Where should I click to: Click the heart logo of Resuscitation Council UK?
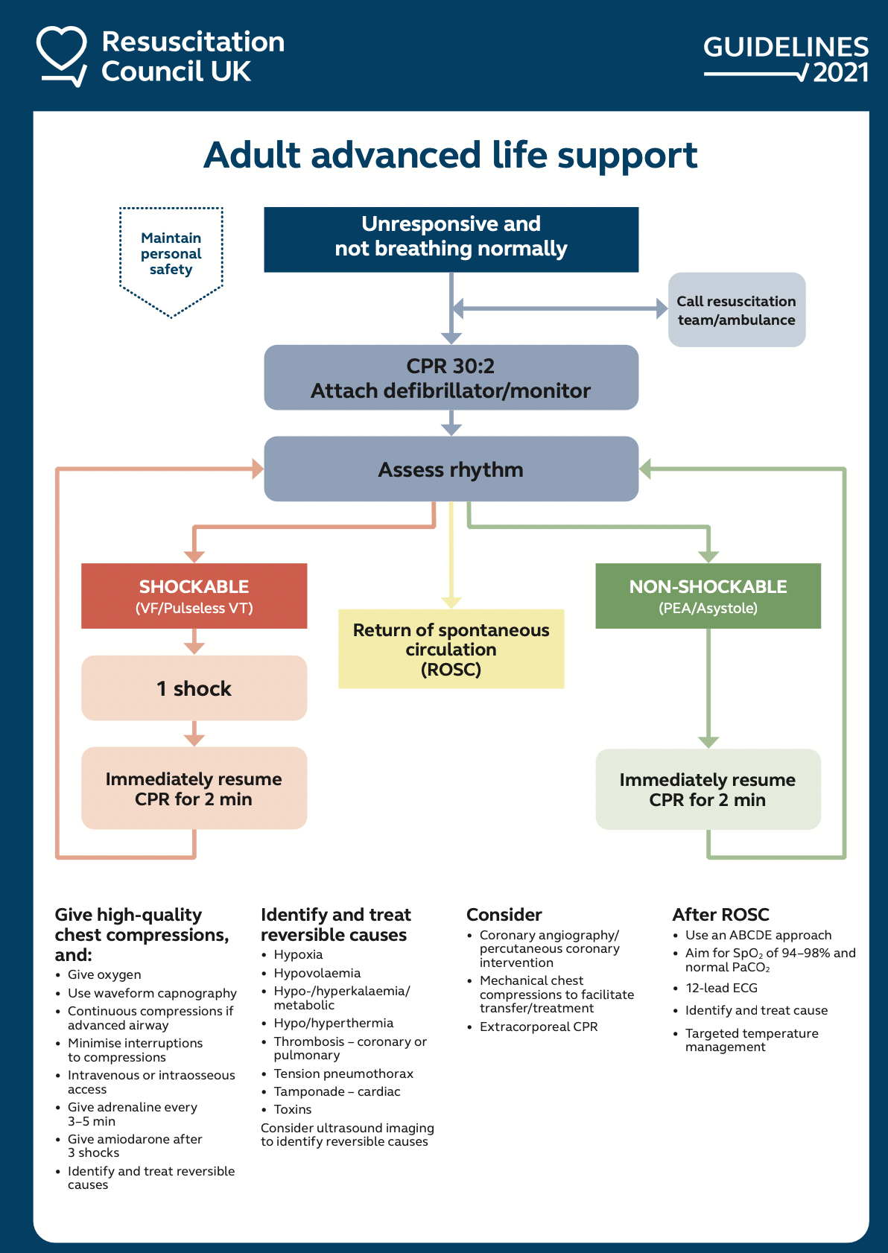pos(62,55)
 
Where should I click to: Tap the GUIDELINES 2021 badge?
pos(786,59)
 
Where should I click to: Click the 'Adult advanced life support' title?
pos(451,156)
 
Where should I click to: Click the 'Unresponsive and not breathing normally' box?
pos(451,239)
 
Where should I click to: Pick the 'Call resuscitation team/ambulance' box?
pos(736,310)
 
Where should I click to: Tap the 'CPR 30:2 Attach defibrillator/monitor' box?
pos(451,378)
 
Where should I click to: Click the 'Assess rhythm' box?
pos(451,469)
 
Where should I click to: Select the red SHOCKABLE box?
pos(194,596)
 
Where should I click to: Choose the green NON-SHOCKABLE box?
pos(708,596)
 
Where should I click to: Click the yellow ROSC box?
pos(451,649)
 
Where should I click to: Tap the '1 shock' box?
pos(194,688)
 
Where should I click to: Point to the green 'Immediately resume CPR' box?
pos(708,790)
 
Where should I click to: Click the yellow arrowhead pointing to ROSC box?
pos(451,602)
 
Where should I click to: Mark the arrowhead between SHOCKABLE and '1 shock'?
pos(194,647)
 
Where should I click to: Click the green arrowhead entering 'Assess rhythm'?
pos(646,469)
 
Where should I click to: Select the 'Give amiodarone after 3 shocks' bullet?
pos(134,1146)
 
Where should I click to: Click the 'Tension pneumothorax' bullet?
pos(343,1073)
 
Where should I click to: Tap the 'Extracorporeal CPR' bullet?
pos(538,1027)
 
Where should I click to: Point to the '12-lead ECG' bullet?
pos(721,988)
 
